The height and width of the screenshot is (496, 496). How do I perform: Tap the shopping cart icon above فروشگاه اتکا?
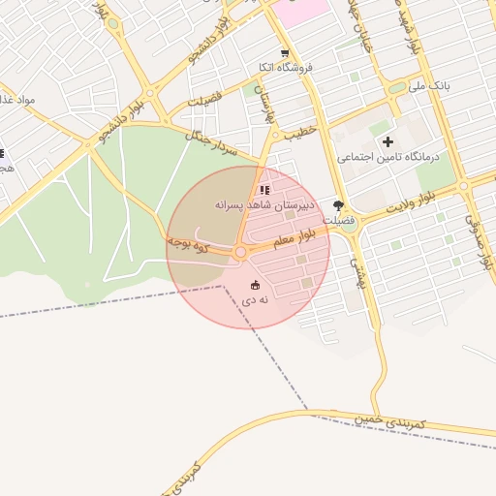pyautogui.click(x=284, y=53)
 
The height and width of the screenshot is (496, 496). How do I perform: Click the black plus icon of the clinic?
pyautogui.click(x=388, y=142)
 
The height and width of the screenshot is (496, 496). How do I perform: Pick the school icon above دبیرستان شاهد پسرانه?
pyautogui.click(x=265, y=189)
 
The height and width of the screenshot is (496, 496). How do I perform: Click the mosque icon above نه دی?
pyautogui.click(x=255, y=285)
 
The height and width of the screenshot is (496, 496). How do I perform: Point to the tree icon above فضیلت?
pyautogui.click(x=339, y=205)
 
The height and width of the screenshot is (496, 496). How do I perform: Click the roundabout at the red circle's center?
pyautogui.click(x=240, y=253)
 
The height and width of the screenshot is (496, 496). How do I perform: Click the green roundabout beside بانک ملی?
pyautogui.click(x=396, y=88)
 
